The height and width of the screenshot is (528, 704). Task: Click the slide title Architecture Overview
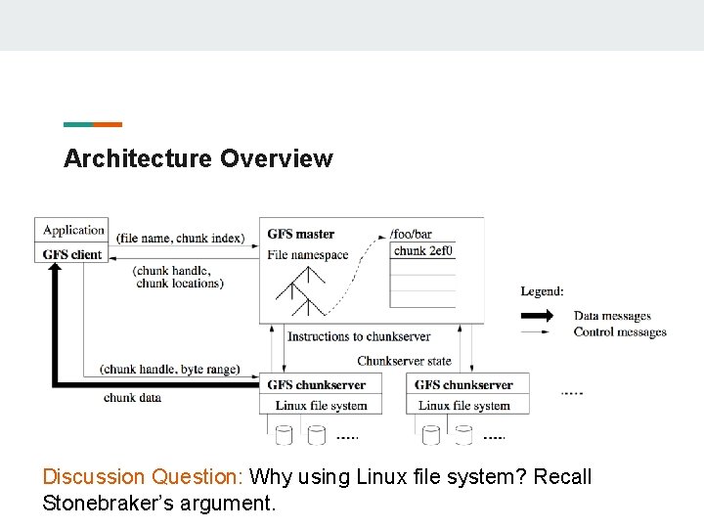pos(198,158)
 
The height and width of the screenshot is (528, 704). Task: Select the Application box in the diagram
pos(73,231)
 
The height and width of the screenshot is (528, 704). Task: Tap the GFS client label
pos(72,254)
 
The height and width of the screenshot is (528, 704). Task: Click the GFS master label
pos(300,234)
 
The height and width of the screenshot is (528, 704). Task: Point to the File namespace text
pos(307,255)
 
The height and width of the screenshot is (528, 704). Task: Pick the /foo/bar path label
pos(411,234)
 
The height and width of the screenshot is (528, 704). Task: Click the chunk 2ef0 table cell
pos(423,251)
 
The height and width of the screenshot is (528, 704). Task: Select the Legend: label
pos(542,291)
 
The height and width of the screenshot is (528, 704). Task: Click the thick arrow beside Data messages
pos(537,316)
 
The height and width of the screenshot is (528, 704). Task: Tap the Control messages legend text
pos(620,332)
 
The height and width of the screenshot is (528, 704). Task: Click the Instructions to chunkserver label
pos(359,336)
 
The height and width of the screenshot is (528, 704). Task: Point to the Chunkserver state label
pos(404,361)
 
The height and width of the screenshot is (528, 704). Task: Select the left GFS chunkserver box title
pos(316,385)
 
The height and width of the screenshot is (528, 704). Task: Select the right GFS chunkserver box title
pos(463,385)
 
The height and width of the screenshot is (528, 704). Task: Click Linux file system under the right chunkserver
pos(464,406)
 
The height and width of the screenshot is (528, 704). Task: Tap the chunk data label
pos(132,398)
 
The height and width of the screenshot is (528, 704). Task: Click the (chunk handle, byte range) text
pos(169,370)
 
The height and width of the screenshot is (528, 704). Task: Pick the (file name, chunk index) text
pos(179,238)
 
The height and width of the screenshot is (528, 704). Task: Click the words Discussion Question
pos(142,477)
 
